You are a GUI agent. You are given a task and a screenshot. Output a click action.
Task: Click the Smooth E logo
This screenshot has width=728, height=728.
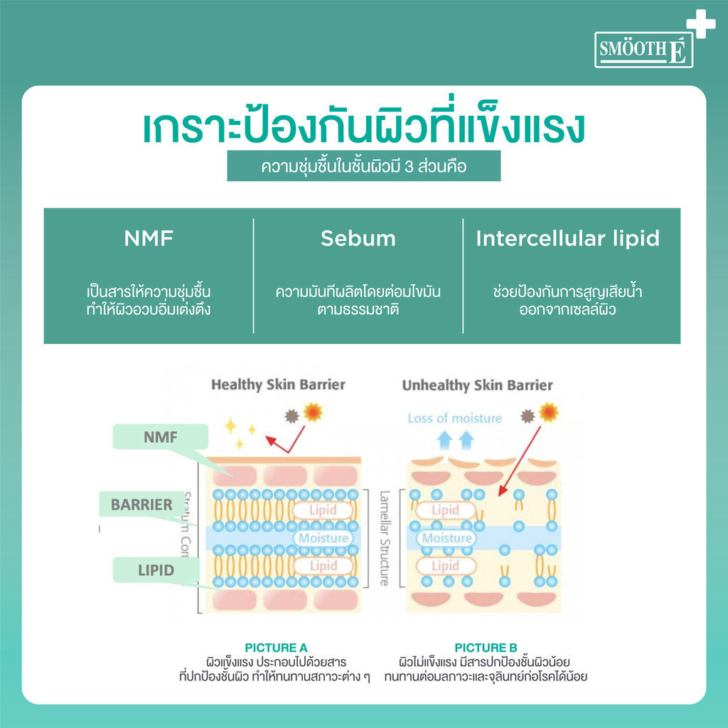click(x=643, y=49)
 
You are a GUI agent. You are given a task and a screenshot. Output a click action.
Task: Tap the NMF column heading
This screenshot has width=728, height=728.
click(x=148, y=239)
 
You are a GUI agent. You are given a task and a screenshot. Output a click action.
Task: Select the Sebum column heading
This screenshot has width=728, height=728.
click(x=358, y=239)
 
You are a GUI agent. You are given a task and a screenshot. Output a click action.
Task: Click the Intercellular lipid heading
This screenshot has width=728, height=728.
click(x=567, y=239)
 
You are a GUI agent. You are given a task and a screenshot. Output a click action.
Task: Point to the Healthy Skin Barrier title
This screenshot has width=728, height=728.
click(x=278, y=385)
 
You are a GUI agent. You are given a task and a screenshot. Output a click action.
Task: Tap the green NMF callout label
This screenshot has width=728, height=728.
click(x=161, y=437)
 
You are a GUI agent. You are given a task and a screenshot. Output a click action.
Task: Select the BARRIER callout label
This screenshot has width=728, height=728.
click(x=142, y=505)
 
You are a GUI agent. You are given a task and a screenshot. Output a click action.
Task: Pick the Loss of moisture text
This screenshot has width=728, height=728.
click(x=454, y=418)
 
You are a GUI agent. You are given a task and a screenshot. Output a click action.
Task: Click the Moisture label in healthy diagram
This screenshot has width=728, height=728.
click(x=323, y=538)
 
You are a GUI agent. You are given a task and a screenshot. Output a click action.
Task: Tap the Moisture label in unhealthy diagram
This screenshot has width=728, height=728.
click(x=446, y=538)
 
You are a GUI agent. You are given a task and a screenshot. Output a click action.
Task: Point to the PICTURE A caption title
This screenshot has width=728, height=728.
click(x=276, y=648)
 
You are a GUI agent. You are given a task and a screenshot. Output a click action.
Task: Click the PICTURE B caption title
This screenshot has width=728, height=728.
click(x=486, y=648)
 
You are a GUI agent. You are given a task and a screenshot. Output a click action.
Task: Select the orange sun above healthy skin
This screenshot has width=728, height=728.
click(x=312, y=412)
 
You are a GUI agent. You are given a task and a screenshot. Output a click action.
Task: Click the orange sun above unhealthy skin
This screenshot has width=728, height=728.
click(x=548, y=412)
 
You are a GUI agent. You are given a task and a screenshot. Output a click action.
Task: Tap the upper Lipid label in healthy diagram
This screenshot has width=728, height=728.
click(x=323, y=510)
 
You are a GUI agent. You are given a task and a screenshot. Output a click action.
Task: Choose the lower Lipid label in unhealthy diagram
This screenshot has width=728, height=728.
click(x=445, y=566)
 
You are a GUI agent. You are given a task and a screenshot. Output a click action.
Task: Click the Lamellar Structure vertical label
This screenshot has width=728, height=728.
click(x=384, y=537)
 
